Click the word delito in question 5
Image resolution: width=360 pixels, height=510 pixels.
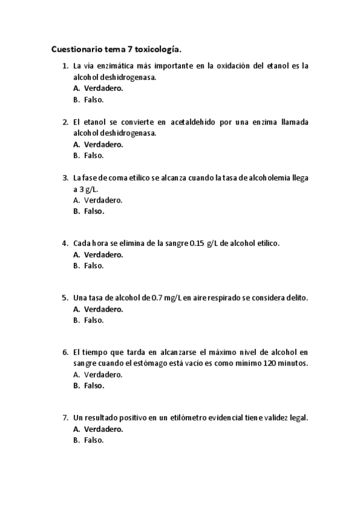295,298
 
